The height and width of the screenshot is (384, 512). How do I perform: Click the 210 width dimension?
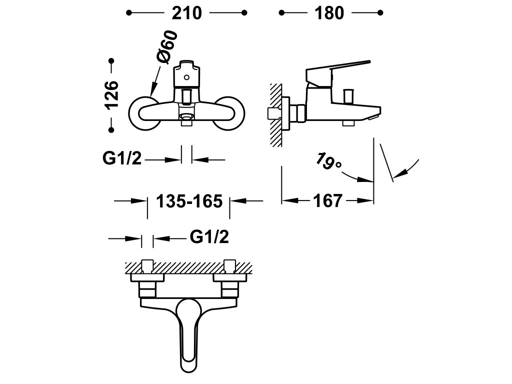click(x=187, y=13)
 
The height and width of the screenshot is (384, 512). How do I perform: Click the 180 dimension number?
click(x=329, y=13)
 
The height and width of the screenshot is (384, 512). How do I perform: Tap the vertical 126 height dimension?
click(x=111, y=95)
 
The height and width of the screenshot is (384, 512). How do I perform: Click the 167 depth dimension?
click(x=328, y=200)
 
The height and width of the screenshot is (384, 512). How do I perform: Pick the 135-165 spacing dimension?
click(x=189, y=201)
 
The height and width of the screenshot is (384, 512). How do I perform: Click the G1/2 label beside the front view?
click(x=122, y=158)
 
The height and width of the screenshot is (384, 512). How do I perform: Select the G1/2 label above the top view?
click(x=209, y=236)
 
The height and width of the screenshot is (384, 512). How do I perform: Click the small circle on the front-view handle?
click(x=186, y=77)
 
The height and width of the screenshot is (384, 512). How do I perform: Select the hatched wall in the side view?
click(x=276, y=115)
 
